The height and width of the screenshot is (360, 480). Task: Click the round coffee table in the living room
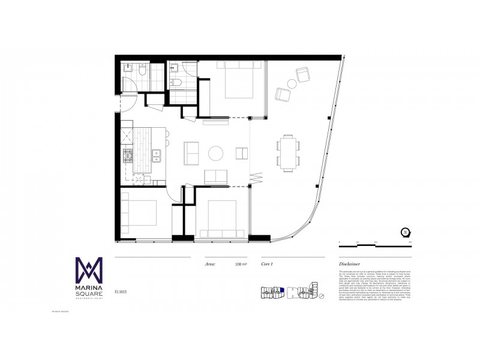click(216, 154)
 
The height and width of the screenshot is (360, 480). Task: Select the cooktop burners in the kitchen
click(127, 157)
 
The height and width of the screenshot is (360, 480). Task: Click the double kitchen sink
click(157, 156)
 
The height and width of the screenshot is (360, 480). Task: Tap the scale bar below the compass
click(375, 242)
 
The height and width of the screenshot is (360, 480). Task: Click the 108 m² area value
click(242, 263)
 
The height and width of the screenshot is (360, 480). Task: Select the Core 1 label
click(268, 263)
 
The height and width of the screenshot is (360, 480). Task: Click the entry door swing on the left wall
click(125, 103)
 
